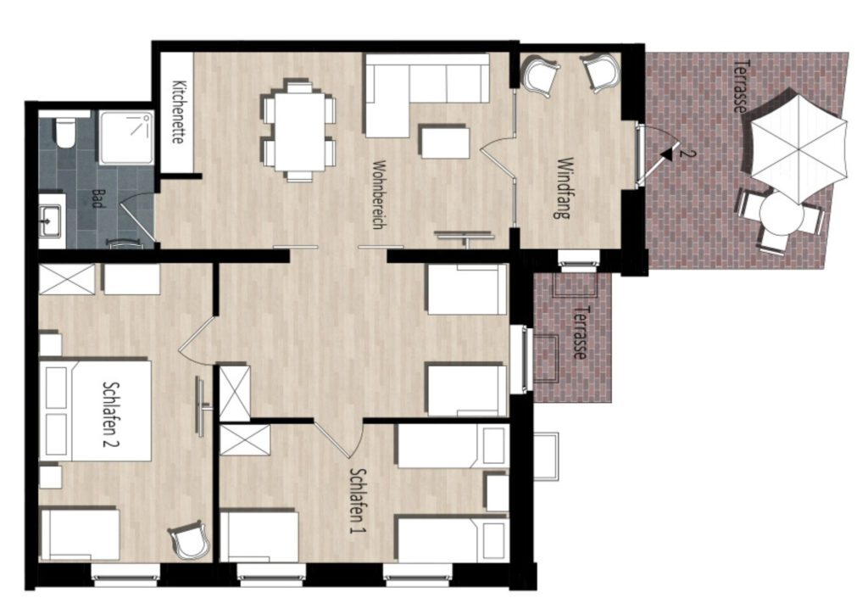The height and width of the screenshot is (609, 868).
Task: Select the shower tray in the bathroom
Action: click(126, 137)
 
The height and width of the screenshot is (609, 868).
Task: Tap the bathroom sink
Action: click(52, 220)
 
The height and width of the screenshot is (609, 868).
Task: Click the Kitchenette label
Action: click(178, 113)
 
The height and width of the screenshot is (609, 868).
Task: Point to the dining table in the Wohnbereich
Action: click(299, 131)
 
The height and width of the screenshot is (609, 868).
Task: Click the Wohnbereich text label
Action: click(379, 194)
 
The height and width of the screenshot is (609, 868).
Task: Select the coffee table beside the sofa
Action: click(445, 142)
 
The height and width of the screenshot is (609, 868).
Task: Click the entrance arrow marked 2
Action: click(669, 153)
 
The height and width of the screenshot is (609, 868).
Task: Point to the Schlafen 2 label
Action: click(112, 413)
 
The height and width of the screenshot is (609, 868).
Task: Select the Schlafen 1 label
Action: click(359, 501)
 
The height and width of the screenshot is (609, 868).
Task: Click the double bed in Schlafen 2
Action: click(95, 410)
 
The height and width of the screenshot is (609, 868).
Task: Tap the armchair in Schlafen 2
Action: click(190, 539)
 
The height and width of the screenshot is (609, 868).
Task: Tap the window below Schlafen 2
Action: click(125, 574)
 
